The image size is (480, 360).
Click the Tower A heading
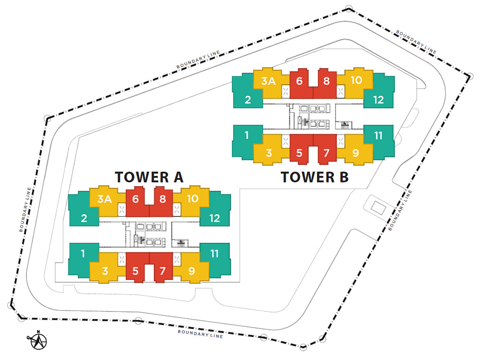coord(149,177)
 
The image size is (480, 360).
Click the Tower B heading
coord(314,177)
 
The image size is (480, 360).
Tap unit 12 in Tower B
coord(379,100)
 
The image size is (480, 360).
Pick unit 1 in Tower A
coord(83,253)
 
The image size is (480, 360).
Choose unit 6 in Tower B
coord(299,81)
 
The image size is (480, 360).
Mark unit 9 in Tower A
coord(192,271)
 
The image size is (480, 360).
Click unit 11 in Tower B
coord(379,136)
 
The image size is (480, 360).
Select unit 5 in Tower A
coord(136,271)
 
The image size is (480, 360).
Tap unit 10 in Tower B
coord(356,80)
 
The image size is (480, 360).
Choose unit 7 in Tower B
coord(326,154)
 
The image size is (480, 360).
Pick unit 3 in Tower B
coord(269,154)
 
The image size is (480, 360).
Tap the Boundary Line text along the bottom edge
coord(200,334)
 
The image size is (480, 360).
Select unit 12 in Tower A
coord(215,218)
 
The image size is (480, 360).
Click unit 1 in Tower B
coord(247,136)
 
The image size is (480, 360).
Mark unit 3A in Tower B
coord(269,81)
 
